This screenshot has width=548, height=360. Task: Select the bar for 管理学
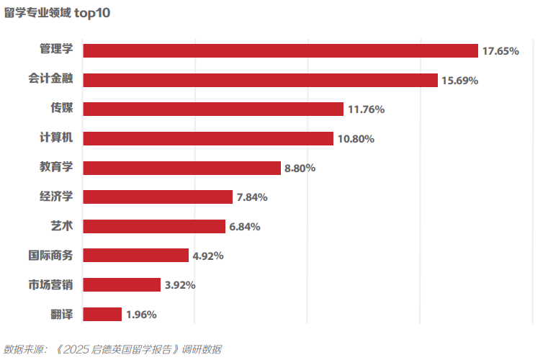(x=281, y=50)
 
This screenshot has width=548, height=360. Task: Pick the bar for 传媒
(x=213, y=109)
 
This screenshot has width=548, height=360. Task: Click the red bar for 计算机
(x=208, y=138)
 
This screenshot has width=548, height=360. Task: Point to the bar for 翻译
(x=102, y=314)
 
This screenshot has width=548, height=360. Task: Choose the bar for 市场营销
(x=122, y=284)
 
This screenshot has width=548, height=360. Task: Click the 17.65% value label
(x=500, y=51)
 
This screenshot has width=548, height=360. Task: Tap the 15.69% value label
(x=460, y=81)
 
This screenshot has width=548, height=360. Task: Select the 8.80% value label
(x=300, y=168)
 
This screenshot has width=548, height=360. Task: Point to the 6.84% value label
(x=245, y=227)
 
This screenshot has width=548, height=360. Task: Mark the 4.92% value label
(x=207, y=256)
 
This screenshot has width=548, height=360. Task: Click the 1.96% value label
(x=141, y=315)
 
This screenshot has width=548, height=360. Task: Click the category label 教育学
(x=56, y=167)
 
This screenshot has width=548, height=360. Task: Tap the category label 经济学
(x=56, y=197)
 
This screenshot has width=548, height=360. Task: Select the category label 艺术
(x=62, y=226)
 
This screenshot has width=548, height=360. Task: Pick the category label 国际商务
(x=50, y=255)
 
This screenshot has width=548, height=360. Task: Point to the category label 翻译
(x=62, y=314)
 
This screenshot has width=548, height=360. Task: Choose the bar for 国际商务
(x=135, y=256)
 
